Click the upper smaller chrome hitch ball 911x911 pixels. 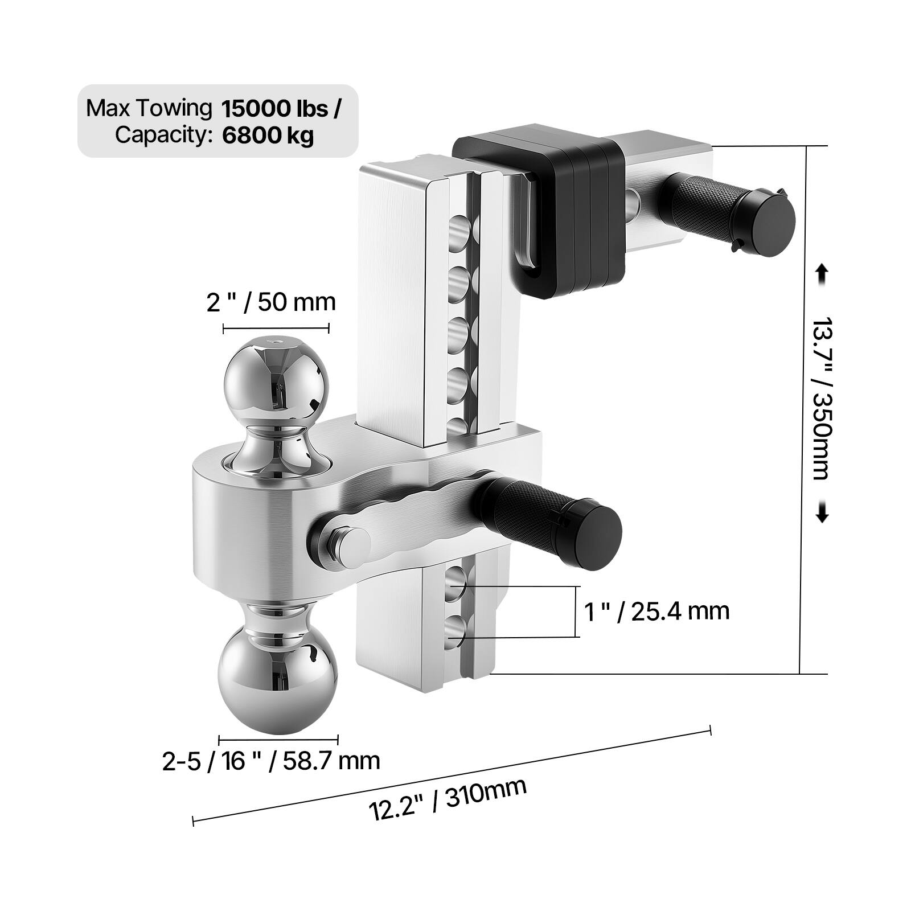point(277,381)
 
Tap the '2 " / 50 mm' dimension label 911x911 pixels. point(271,302)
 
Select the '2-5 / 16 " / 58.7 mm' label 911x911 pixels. point(271,761)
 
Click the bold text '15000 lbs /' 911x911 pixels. point(281,108)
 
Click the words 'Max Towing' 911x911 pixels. point(149,108)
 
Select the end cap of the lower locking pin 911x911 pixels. point(595,535)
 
